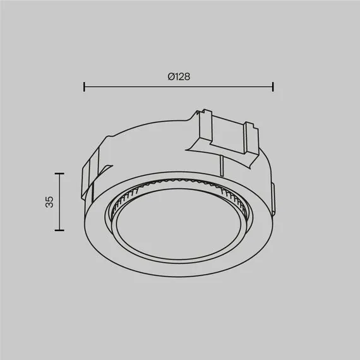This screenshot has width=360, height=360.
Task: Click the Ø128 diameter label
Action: tap(179, 76)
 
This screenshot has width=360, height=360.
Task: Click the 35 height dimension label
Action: tap(49, 202)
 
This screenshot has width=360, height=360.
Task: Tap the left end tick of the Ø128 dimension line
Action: tap(84, 87)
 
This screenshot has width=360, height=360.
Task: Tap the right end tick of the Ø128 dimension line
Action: tap(273, 87)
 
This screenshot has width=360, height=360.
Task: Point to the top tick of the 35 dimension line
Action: tap(59, 173)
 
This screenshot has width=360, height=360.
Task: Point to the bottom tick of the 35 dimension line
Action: tap(59, 230)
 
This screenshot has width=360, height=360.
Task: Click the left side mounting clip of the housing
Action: tap(91, 174)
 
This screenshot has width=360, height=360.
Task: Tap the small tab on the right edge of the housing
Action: tap(273, 198)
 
